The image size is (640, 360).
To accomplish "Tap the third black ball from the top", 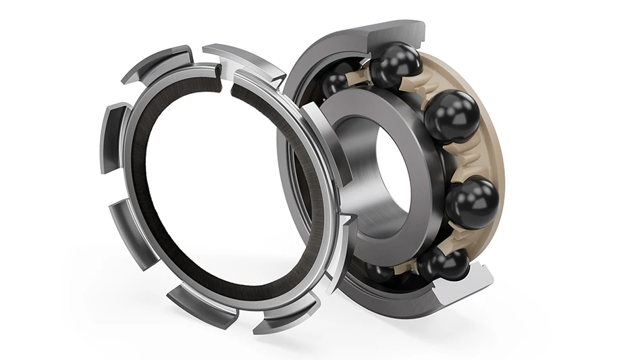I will point(471,201).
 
